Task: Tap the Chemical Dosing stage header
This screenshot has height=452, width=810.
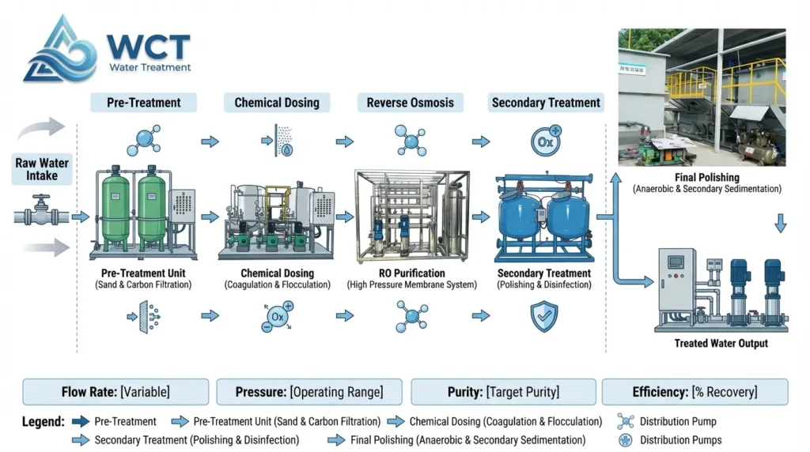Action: click(277, 102)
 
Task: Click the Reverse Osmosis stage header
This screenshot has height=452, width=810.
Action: click(411, 102)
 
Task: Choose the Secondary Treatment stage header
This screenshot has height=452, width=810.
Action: click(546, 102)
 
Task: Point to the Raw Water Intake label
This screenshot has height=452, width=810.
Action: click(42, 169)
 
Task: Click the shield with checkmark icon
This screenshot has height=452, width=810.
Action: click(543, 316)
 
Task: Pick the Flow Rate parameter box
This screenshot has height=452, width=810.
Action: click(115, 392)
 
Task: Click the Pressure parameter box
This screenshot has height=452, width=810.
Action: click(309, 392)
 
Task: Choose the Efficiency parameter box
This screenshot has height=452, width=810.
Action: click(695, 392)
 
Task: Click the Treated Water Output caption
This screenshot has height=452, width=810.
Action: click(721, 344)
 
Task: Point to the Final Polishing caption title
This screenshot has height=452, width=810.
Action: click(707, 178)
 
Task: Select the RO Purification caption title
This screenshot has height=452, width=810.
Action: click(411, 273)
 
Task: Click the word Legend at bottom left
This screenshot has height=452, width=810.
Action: click(43, 422)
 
